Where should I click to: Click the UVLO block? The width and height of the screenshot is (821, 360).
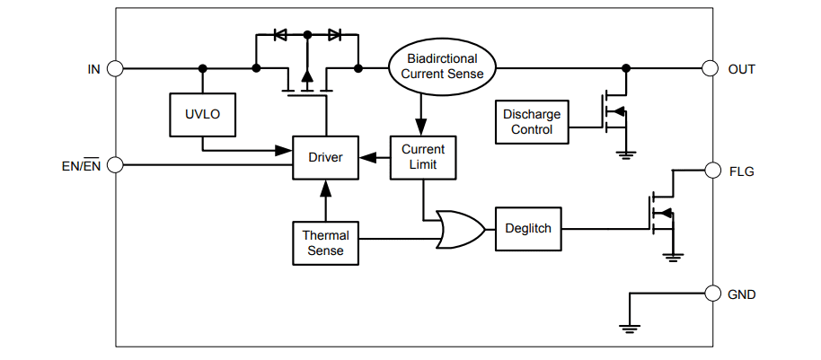(202, 114)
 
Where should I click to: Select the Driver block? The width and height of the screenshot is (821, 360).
(325, 157)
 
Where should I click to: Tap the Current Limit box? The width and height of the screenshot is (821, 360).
(422, 157)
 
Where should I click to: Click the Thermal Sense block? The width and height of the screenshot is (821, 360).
(325, 242)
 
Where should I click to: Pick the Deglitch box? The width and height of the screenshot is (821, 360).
(527, 229)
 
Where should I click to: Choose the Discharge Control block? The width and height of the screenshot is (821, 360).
(532, 122)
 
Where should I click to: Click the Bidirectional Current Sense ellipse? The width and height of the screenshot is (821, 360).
(441, 67)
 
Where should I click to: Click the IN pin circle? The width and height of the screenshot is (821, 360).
(115, 68)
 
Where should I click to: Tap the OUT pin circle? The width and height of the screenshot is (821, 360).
(711, 68)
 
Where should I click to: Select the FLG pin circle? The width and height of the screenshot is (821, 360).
(711, 170)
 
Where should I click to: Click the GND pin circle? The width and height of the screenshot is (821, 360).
(711, 294)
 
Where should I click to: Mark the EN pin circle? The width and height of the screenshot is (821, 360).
(115, 165)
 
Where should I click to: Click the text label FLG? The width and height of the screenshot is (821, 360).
(742, 170)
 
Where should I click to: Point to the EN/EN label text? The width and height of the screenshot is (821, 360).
(81, 166)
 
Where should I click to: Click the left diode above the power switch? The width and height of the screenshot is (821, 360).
(279, 35)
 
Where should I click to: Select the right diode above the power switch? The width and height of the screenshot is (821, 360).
(334, 35)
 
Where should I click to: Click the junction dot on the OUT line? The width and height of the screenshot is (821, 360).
(626, 68)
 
